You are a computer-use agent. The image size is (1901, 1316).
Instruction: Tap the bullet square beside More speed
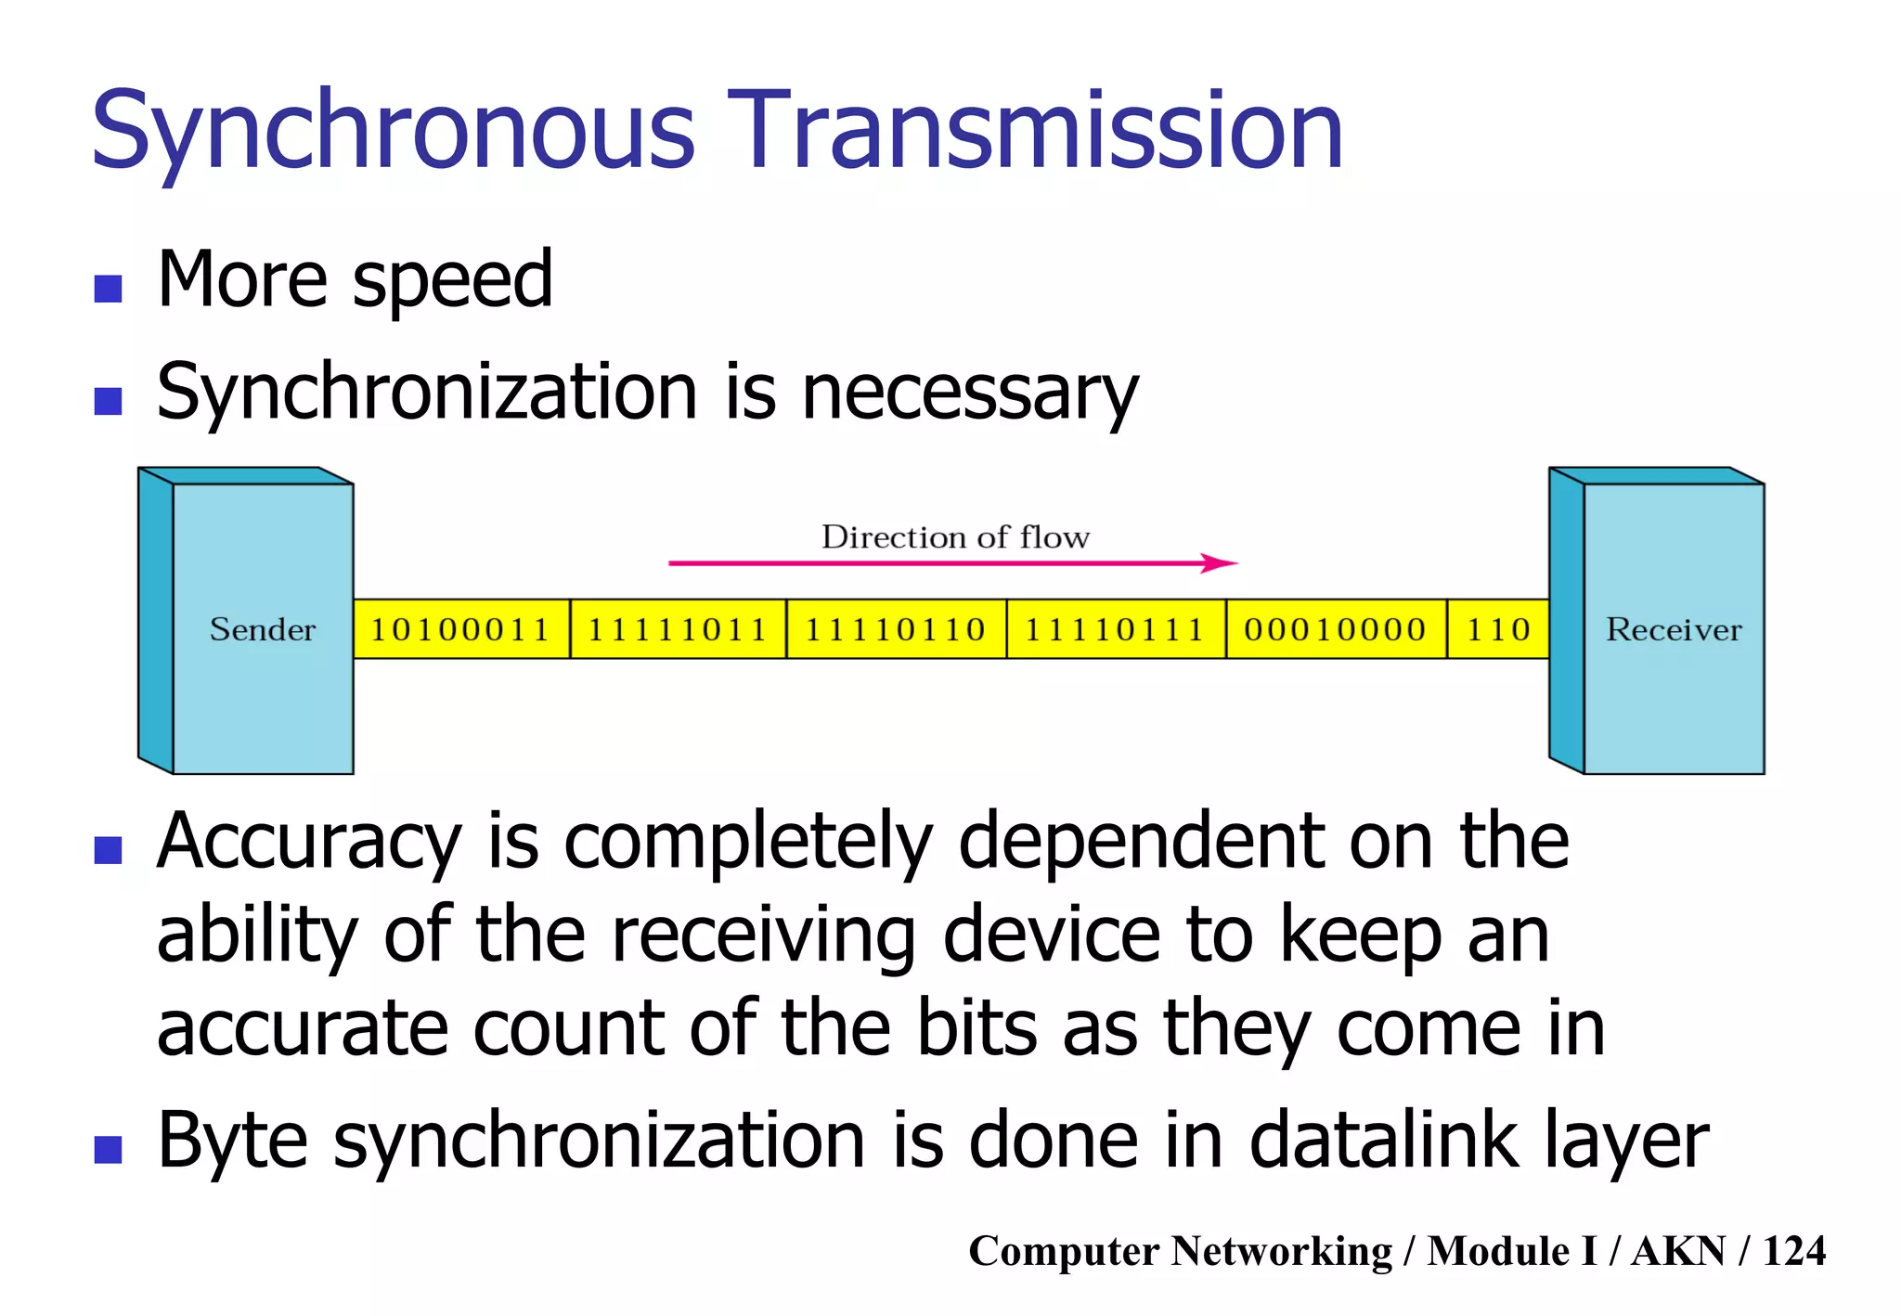109,289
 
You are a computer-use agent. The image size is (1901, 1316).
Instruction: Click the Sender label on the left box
263,630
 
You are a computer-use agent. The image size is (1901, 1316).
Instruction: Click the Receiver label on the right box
1674,630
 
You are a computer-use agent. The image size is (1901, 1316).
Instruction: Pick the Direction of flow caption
955,537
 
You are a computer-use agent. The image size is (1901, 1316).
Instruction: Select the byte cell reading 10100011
461,630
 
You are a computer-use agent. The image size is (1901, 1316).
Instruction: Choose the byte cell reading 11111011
678,630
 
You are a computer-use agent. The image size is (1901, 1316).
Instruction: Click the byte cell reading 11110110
896,630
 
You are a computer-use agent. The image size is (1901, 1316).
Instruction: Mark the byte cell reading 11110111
1115,630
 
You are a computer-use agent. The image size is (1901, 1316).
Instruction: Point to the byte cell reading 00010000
1335,630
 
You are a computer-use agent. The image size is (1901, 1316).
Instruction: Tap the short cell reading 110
1498,630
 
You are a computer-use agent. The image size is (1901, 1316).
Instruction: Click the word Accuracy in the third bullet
309,842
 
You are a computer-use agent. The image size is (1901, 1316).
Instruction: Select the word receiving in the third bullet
763,935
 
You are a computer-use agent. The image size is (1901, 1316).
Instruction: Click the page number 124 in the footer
1794,1251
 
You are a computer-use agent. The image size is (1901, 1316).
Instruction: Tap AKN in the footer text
1678,1251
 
